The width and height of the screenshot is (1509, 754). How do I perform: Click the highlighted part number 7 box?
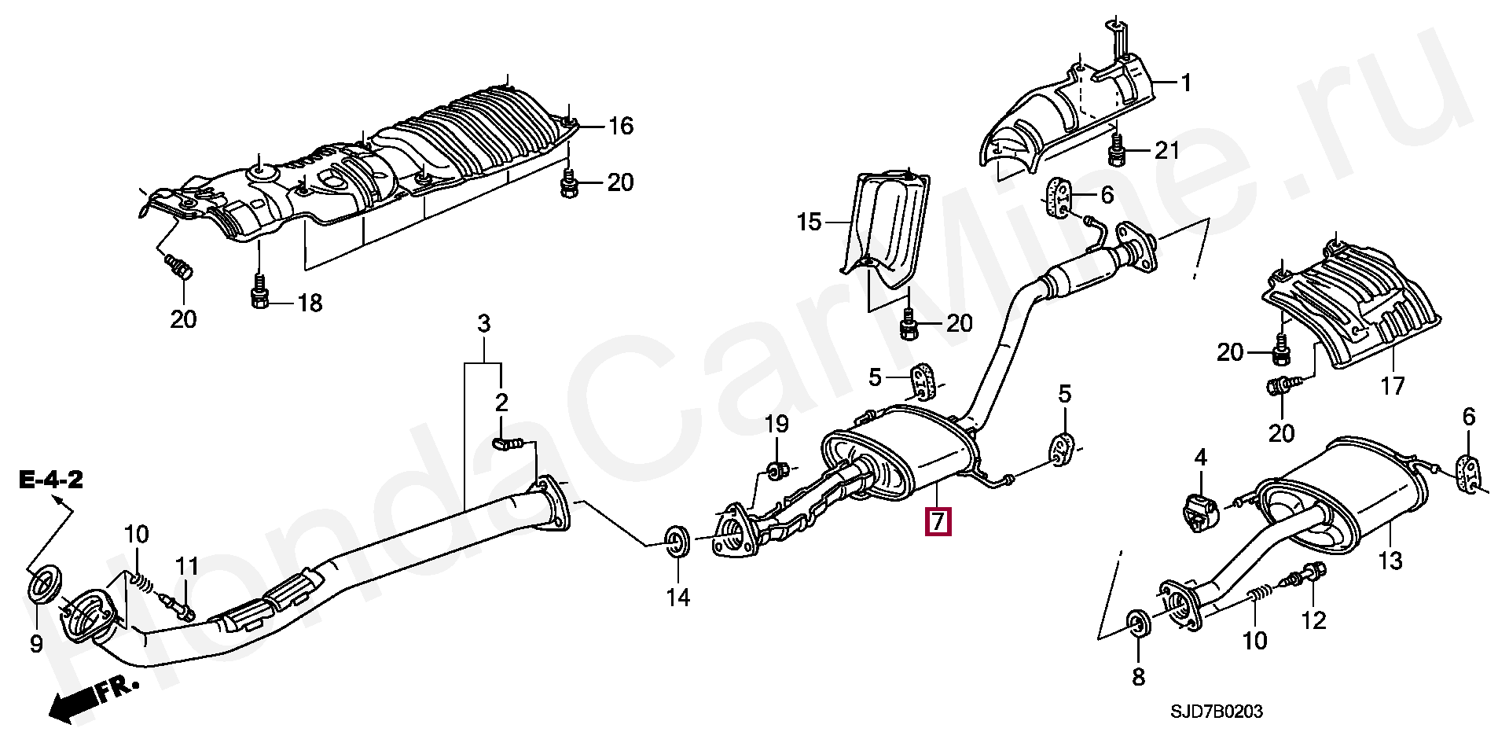tap(938, 522)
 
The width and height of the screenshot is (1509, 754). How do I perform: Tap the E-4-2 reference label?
tap(52, 480)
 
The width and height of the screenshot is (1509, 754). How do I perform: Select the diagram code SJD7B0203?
tap(1216, 712)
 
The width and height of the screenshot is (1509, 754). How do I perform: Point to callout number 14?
tap(678, 598)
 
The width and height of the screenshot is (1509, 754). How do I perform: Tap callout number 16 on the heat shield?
tap(621, 126)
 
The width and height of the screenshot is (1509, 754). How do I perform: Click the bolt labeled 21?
tap(1116, 151)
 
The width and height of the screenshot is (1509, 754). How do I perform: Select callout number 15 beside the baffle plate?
tap(809, 223)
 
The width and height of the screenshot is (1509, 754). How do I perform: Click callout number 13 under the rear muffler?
tap(1390, 561)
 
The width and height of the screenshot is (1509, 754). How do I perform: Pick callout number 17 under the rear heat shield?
tap(1392, 386)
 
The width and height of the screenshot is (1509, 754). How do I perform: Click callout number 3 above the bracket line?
tap(484, 323)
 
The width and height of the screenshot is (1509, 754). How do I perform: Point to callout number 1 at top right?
tap(1186, 83)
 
